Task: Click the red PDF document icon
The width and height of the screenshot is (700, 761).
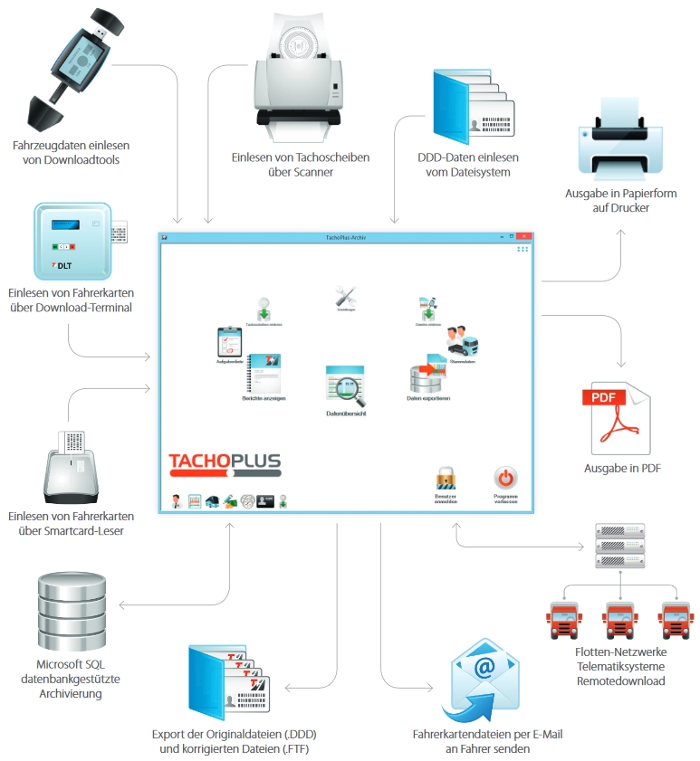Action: [619, 417]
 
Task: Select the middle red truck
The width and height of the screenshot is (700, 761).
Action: [619, 621]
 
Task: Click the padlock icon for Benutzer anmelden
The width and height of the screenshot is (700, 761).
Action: [445, 478]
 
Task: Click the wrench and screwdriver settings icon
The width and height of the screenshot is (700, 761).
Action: [345, 297]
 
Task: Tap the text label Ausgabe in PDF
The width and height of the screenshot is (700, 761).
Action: [621, 468]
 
